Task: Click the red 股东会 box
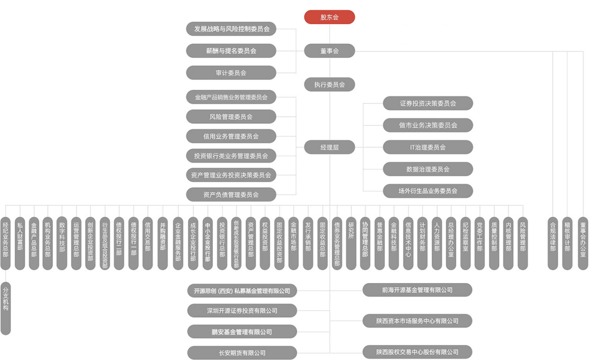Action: click(x=330, y=17)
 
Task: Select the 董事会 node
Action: click(x=330, y=51)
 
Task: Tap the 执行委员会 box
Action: click(x=330, y=84)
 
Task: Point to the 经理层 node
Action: click(x=330, y=147)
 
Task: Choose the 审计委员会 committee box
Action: click(x=231, y=73)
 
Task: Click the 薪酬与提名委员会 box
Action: click(x=231, y=51)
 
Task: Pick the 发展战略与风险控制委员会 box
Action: click(x=231, y=29)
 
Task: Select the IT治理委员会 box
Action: click(x=428, y=147)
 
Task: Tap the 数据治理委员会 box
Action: click(x=428, y=169)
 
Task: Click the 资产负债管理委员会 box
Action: click(x=231, y=195)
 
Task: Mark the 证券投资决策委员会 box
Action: click(x=428, y=103)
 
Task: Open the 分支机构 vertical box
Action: click(x=6, y=309)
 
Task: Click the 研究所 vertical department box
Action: click(x=351, y=243)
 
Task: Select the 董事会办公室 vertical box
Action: click(x=583, y=243)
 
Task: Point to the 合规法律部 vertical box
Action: click(x=553, y=243)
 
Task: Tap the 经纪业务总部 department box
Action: click(x=6, y=243)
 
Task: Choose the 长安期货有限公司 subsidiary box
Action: click(x=242, y=353)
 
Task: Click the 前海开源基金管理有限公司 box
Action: click(x=417, y=290)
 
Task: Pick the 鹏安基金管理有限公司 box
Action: click(x=242, y=332)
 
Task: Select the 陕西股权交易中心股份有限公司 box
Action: click(x=417, y=352)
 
